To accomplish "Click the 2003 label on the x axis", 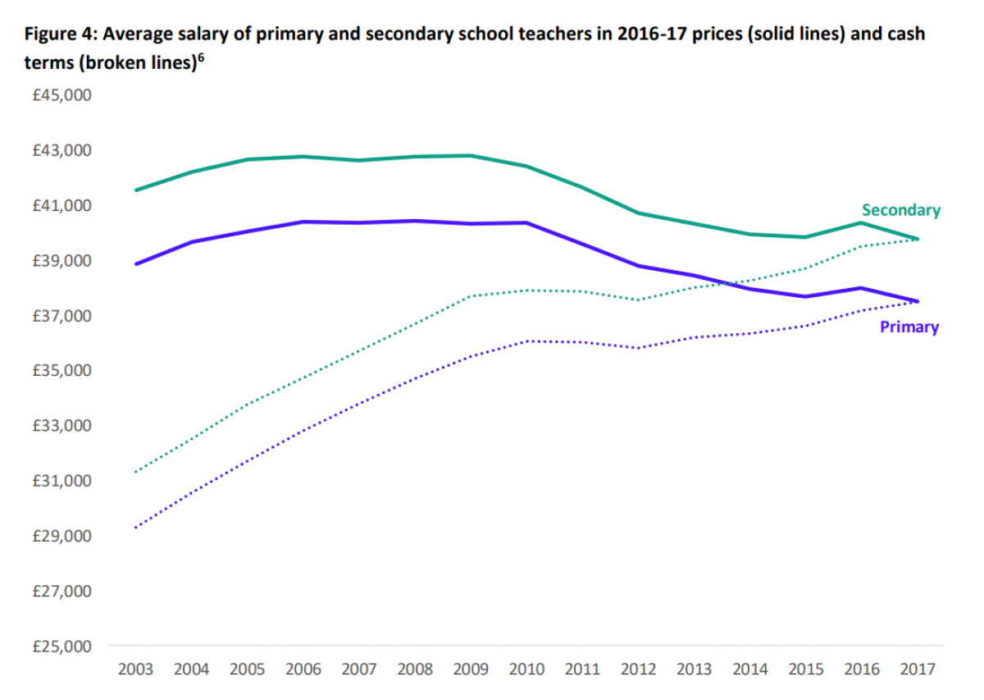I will pos(135,670).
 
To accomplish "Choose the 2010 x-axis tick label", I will pos(526,670).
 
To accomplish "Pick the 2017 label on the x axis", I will pos(918,670).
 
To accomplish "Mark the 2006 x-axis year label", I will pos(303,670).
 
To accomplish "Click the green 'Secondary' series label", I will pos(900,210).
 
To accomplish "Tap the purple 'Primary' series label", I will pos(909,327).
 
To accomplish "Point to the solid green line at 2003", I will pos(136,190).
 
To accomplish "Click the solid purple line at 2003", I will pos(136,263).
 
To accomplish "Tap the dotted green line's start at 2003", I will pos(136,471).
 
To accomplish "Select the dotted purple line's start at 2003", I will pos(136,527).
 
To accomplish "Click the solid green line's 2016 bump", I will pos(861,222).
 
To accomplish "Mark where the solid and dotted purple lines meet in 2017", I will pos(917,301).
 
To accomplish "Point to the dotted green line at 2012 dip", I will pos(638,300).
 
